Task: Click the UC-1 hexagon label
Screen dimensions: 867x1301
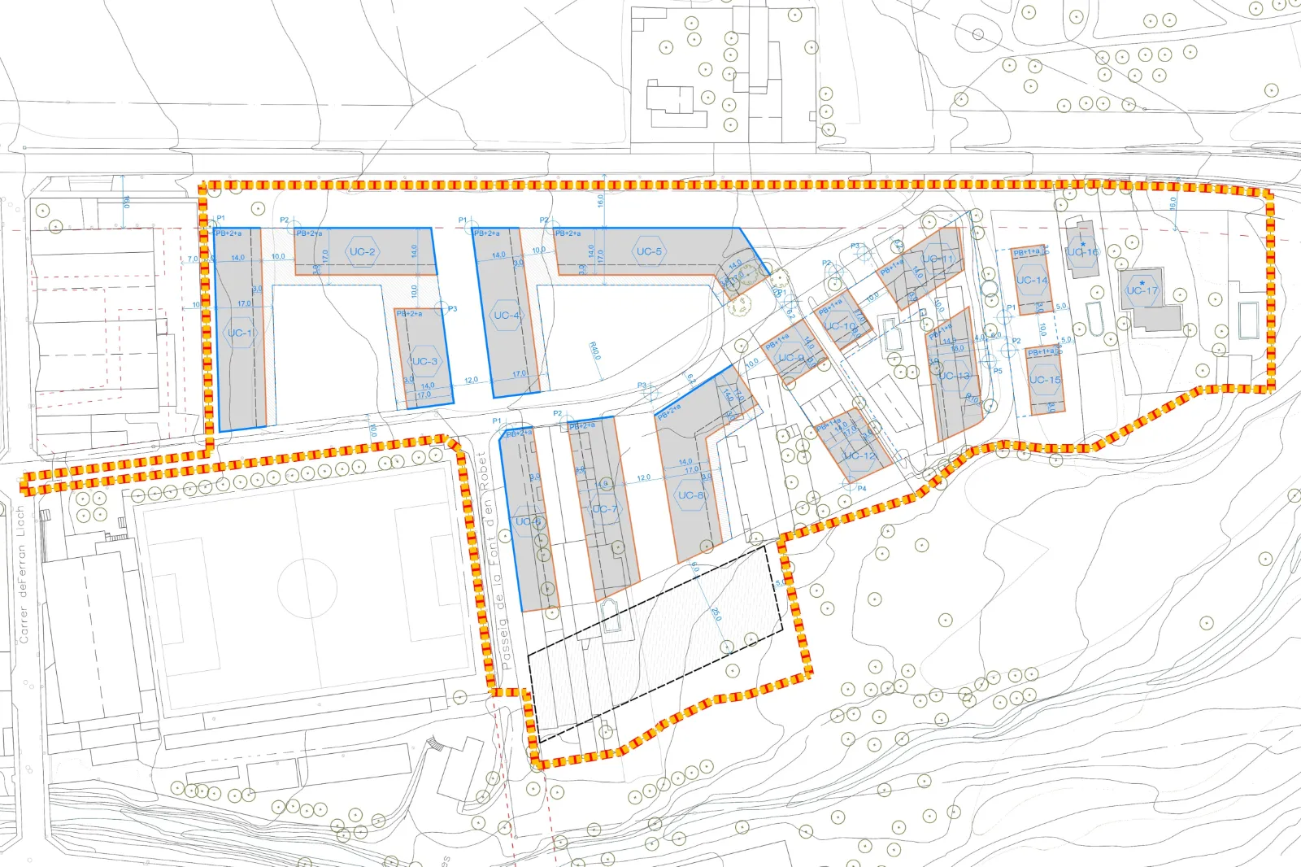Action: click(240, 333)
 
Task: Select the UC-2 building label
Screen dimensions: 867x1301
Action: click(362, 252)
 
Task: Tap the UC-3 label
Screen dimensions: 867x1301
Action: click(424, 361)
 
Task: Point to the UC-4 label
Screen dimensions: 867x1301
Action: click(507, 316)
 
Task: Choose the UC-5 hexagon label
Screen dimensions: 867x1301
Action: click(649, 251)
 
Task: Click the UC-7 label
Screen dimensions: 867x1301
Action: click(604, 509)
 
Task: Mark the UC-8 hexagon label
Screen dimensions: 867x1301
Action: click(691, 495)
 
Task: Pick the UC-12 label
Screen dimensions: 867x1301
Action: click(859, 455)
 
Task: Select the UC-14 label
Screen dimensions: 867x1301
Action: click(1032, 281)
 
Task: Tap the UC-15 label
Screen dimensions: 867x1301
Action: click(1044, 380)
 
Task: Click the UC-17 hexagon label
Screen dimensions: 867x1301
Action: click(1142, 290)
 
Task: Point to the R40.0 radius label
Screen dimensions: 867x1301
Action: click(595, 351)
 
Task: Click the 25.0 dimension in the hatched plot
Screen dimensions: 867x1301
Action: click(716, 613)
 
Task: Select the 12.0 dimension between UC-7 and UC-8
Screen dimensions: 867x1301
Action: click(644, 478)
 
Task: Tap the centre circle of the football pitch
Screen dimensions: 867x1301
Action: click(307, 586)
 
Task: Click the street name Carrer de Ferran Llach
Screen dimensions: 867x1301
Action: click(23, 574)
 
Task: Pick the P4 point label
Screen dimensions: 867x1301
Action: click(862, 489)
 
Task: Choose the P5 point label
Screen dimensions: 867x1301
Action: click(998, 371)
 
